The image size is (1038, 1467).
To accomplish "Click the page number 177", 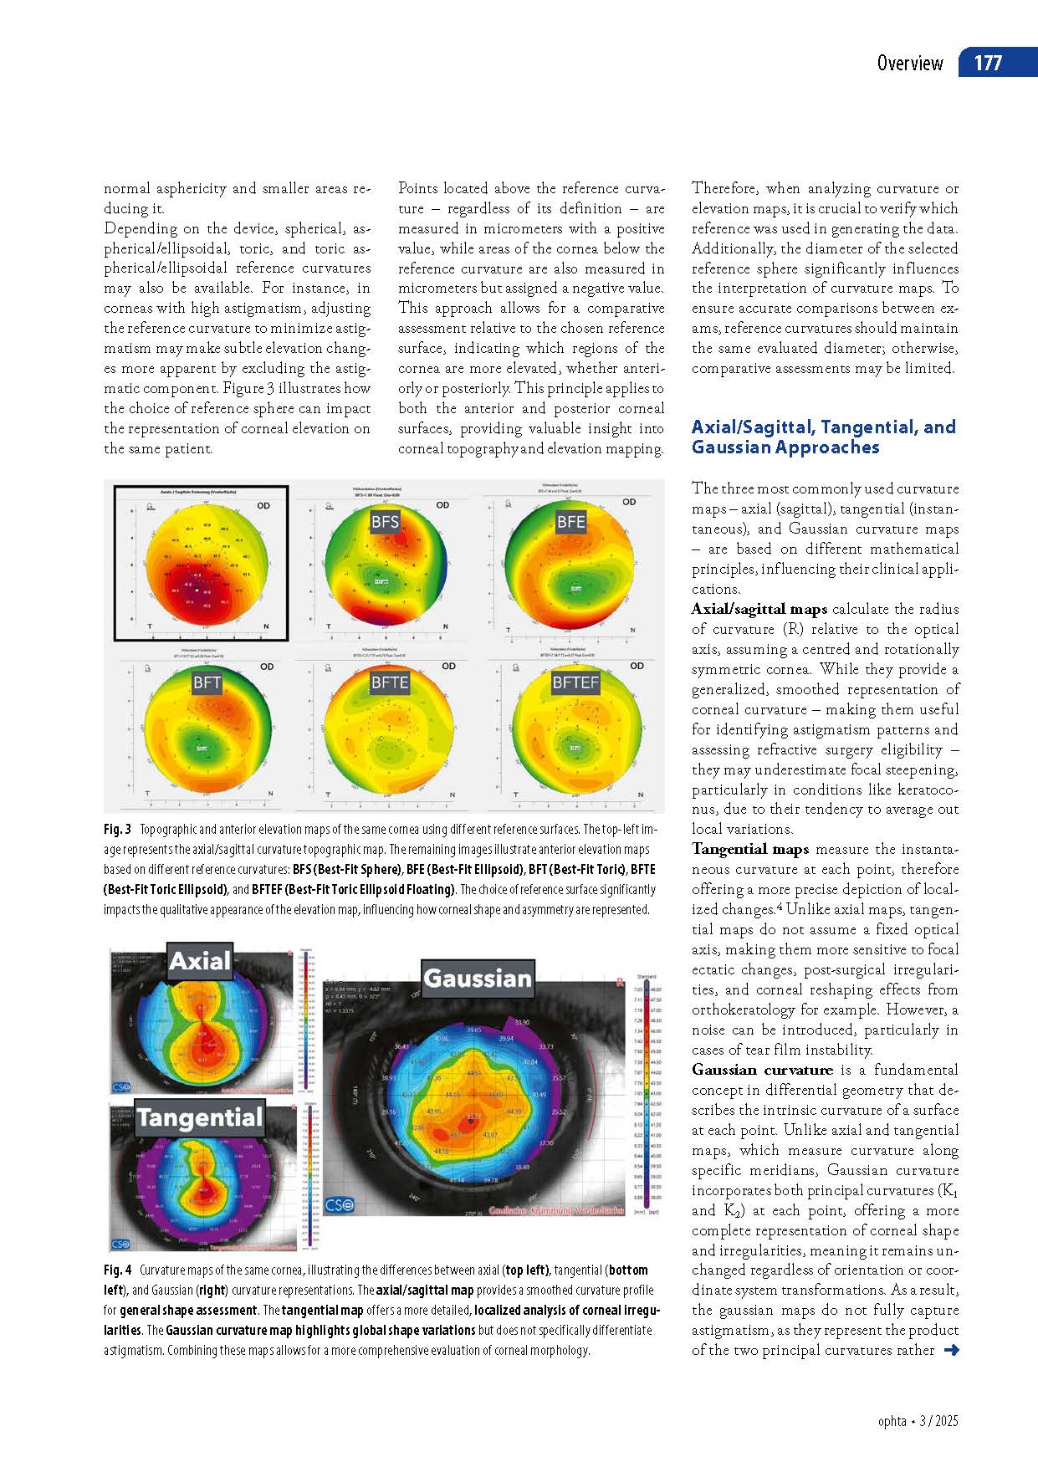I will click(x=988, y=64).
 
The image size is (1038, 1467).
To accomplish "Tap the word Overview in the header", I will click(x=909, y=64).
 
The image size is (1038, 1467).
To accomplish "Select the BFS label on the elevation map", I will click(x=385, y=522).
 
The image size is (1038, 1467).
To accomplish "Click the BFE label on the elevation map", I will click(x=570, y=522).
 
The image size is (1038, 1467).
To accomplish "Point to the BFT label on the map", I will click(x=207, y=682).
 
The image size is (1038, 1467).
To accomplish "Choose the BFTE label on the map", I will click(x=390, y=682).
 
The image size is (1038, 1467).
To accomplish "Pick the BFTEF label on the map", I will click(x=575, y=682).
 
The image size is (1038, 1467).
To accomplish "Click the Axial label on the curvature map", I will click(x=199, y=962).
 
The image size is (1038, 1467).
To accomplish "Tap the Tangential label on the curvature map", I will click(x=200, y=1118).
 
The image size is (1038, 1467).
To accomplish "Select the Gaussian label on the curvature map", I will click(x=478, y=979).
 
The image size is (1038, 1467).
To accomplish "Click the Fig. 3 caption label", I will click(x=117, y=830).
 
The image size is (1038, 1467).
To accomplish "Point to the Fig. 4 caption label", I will click(x=117, y=1270).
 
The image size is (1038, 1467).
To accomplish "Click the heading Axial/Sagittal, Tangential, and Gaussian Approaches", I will click(x=823, y=437).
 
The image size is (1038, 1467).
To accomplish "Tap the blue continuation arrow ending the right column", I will click(x=950, y=1350).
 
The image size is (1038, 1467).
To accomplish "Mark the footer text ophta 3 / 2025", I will click(x=918, y=1421).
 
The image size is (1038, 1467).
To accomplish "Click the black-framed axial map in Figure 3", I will click(x=202, y=562).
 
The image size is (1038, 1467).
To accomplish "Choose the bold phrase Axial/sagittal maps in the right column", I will click(x=759, y=609).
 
